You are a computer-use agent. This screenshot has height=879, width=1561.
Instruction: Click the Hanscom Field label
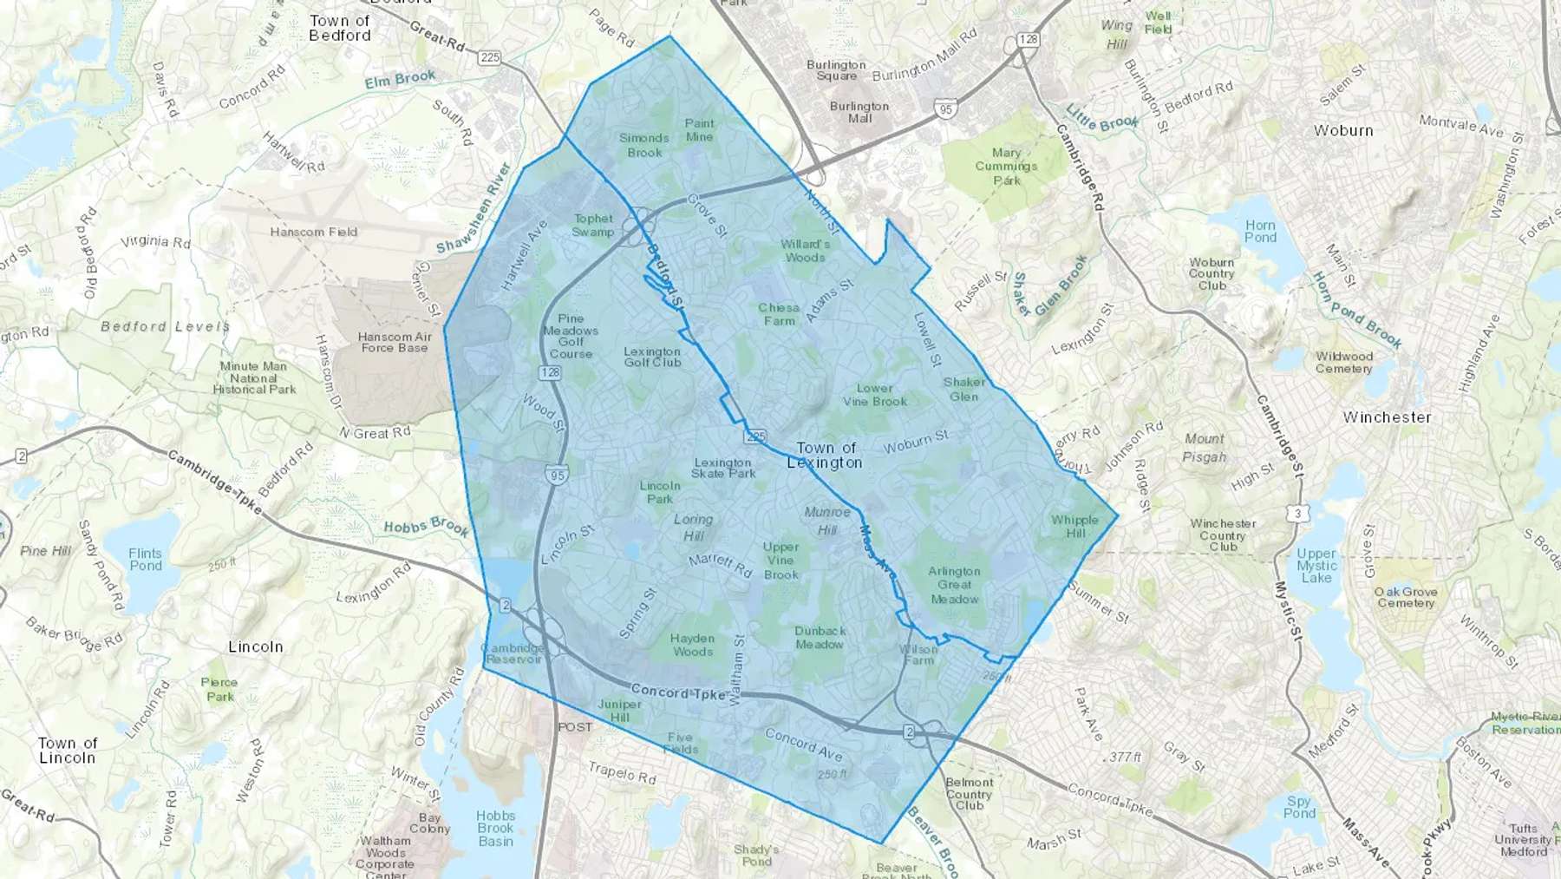313,232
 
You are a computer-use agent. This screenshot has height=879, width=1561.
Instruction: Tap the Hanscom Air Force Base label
395,342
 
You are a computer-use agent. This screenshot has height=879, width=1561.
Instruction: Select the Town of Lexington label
825,456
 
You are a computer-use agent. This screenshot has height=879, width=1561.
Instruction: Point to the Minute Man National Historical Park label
253,377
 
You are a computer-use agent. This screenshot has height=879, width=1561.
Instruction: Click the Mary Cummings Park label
1006,167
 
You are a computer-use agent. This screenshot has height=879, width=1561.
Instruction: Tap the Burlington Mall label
859,112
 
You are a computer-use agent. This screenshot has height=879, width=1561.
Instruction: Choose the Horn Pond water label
1260,231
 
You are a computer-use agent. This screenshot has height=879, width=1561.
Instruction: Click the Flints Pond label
145,560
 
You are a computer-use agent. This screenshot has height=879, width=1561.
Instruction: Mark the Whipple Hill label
1074,527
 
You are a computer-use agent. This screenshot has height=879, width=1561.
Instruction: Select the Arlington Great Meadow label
954,585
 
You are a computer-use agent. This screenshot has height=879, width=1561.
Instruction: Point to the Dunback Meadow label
820,638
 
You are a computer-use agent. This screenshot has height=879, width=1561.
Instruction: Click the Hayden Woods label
692,645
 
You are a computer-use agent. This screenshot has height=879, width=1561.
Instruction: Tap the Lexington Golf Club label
652,357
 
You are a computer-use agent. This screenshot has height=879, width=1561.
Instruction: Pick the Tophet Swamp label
593,226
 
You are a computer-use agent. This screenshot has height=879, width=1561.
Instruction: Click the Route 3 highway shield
1297,514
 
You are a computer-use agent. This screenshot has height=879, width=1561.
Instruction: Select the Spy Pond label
1298,807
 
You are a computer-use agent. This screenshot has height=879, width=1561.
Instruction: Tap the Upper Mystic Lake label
1316,565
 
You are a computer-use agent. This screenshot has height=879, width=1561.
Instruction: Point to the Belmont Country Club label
969,794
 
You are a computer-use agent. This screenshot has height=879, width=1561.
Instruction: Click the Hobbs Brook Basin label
495,828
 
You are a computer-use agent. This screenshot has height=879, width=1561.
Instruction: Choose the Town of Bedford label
340,28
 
